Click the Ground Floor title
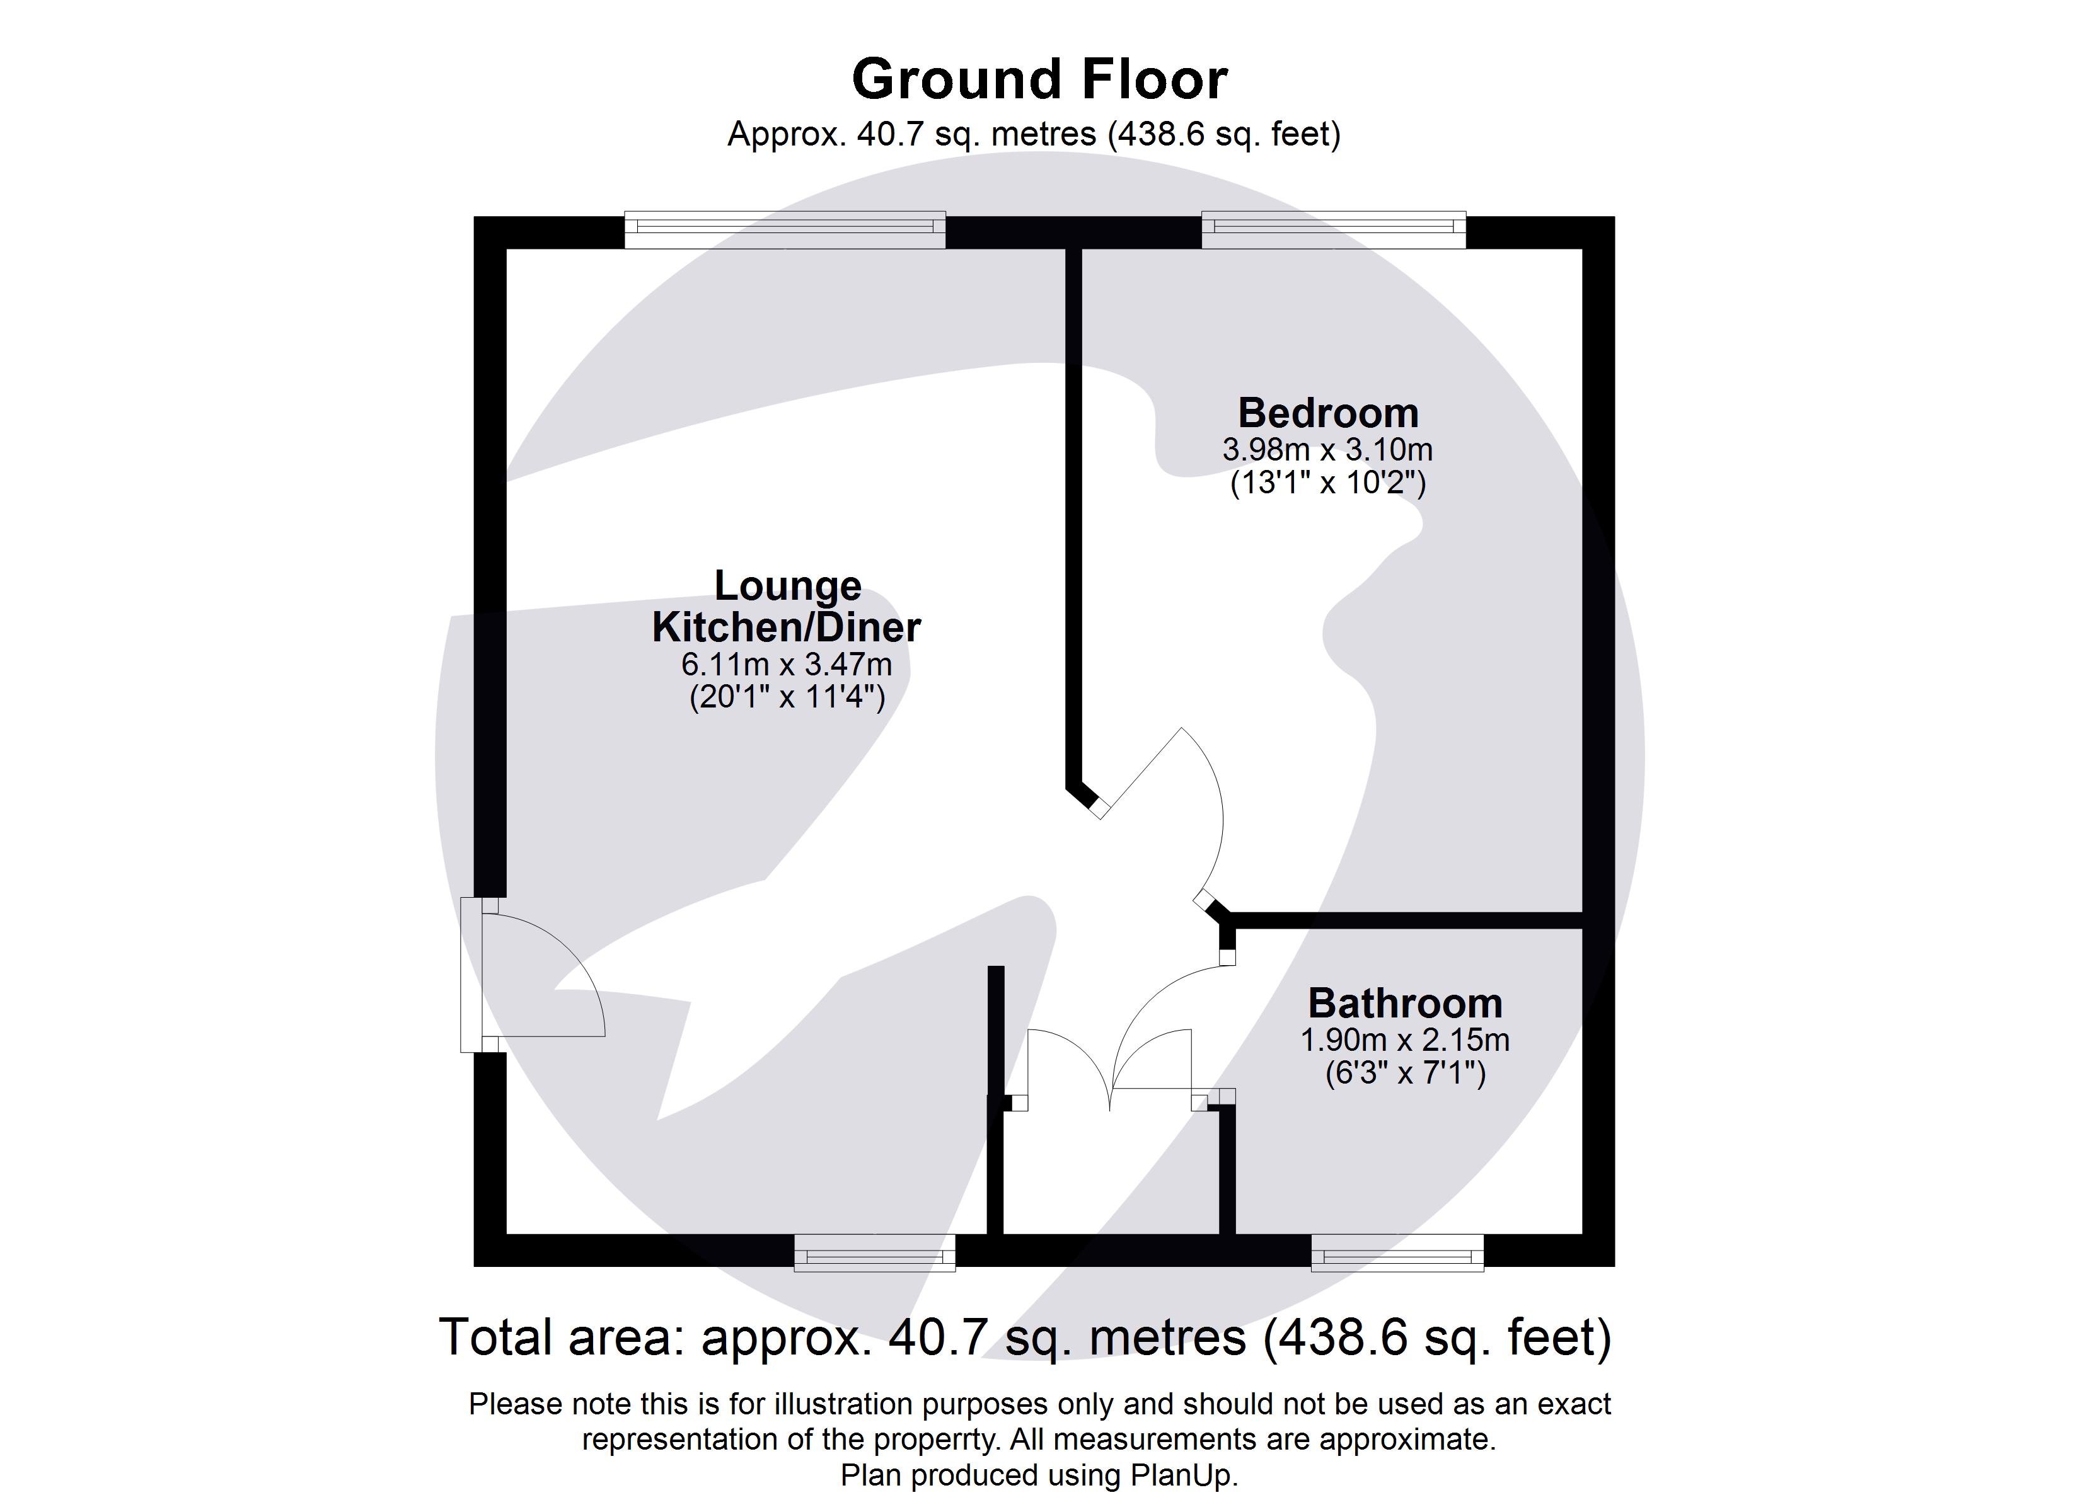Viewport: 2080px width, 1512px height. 1039,80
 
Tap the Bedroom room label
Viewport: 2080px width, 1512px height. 1328,413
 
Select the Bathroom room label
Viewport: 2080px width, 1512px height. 1405,1003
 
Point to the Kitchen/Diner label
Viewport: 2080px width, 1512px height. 786,628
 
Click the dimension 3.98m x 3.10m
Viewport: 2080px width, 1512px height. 1327,450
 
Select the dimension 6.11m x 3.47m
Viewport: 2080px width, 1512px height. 786,665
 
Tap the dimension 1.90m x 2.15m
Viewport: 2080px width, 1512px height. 1405,1039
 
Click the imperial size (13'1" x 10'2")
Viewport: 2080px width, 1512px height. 1327,483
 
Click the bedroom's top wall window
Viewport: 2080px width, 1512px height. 1334,229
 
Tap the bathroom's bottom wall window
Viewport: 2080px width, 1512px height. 1397,1252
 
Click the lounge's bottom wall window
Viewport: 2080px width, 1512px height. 874,1252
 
